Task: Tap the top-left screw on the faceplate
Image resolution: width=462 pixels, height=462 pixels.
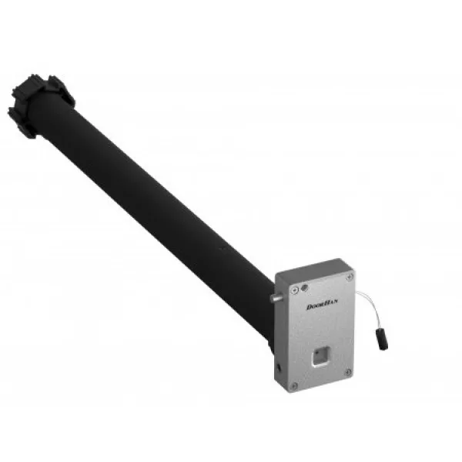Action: coord(295,290)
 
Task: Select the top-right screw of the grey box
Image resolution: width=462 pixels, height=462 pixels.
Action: coord(350,276)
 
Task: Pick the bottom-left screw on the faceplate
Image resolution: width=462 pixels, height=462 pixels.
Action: coord(294,386)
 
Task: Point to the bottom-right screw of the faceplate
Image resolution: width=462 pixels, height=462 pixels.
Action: coord(348,372)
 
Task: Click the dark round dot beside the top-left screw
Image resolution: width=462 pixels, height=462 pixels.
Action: coord(305,287)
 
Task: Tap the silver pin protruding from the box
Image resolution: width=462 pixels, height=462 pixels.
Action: coord(276,297)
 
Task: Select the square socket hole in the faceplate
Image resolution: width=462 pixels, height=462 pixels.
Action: coord(320,357)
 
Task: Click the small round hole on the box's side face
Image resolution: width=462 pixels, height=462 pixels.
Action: coord(279,367)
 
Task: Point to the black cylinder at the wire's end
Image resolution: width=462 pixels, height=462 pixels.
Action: coord(382,340)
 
